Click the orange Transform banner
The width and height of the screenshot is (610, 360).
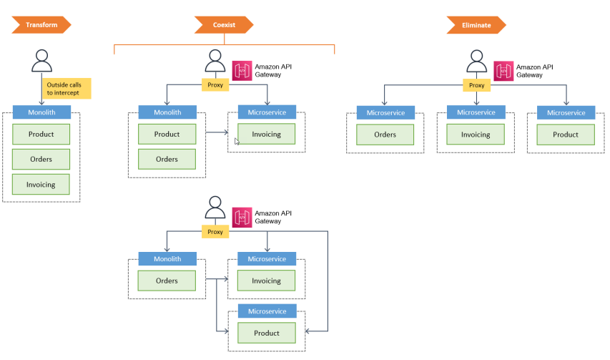(41, 25)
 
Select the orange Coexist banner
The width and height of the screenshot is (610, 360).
(224, 25)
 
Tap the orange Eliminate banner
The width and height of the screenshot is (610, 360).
(476, 25)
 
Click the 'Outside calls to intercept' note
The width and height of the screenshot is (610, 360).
(67, 89)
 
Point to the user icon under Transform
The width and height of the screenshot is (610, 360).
(41, 61)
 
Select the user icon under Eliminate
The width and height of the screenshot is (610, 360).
(476, 61)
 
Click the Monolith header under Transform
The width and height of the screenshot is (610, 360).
(41, 112)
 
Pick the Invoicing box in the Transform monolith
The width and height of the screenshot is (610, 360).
(41, 185)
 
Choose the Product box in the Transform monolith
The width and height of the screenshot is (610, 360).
(41, 135)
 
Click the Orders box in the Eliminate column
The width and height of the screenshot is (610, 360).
(385, 135)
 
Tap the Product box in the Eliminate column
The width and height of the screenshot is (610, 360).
(566, 135)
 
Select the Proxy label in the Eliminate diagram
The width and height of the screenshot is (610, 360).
(476, 85)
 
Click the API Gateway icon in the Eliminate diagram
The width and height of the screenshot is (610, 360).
(503, 71)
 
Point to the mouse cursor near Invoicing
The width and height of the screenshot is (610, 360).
(237, 141)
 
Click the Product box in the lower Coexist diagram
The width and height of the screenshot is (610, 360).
(267, 333)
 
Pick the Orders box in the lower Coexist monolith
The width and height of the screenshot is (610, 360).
(167, 281)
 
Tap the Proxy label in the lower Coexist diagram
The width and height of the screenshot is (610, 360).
(215, 232)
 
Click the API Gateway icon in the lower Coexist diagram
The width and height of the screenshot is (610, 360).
(242, 217)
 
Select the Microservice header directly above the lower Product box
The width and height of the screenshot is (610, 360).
(267, 311)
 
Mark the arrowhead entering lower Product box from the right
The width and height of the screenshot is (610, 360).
(307, 331)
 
